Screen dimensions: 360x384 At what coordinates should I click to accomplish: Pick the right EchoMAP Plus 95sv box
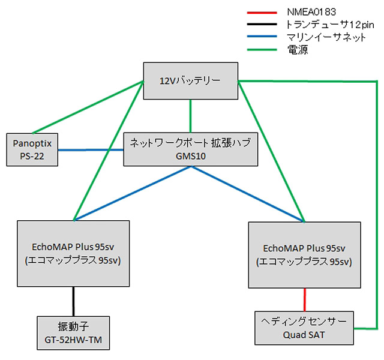click(x=304, y=255)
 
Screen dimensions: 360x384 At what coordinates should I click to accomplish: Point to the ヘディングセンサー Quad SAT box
click(x=304, y=328)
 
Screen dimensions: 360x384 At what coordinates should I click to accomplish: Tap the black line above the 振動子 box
click(x=74, y=302)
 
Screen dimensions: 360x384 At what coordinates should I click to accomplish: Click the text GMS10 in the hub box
click(x=191, y=157)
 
